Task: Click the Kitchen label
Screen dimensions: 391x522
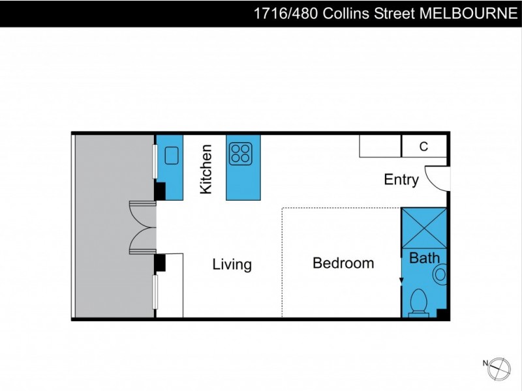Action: coord(207,169)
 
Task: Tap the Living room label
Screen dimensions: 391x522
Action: coord(232,265)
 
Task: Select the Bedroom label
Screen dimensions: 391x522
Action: coord(343,263)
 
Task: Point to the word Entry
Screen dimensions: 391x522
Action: coord(401,180)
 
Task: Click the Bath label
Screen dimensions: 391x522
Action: coord(424,259)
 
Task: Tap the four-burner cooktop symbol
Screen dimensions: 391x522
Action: coord(240,153)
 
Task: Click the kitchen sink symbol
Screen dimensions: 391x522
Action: coord(171,155)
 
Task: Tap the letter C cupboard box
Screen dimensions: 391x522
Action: coord(423,147)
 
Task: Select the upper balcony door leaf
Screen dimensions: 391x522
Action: coord(142,213)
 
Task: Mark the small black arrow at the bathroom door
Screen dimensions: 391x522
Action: coord(402,280)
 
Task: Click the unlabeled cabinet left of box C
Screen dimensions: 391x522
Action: coord(380,147)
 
